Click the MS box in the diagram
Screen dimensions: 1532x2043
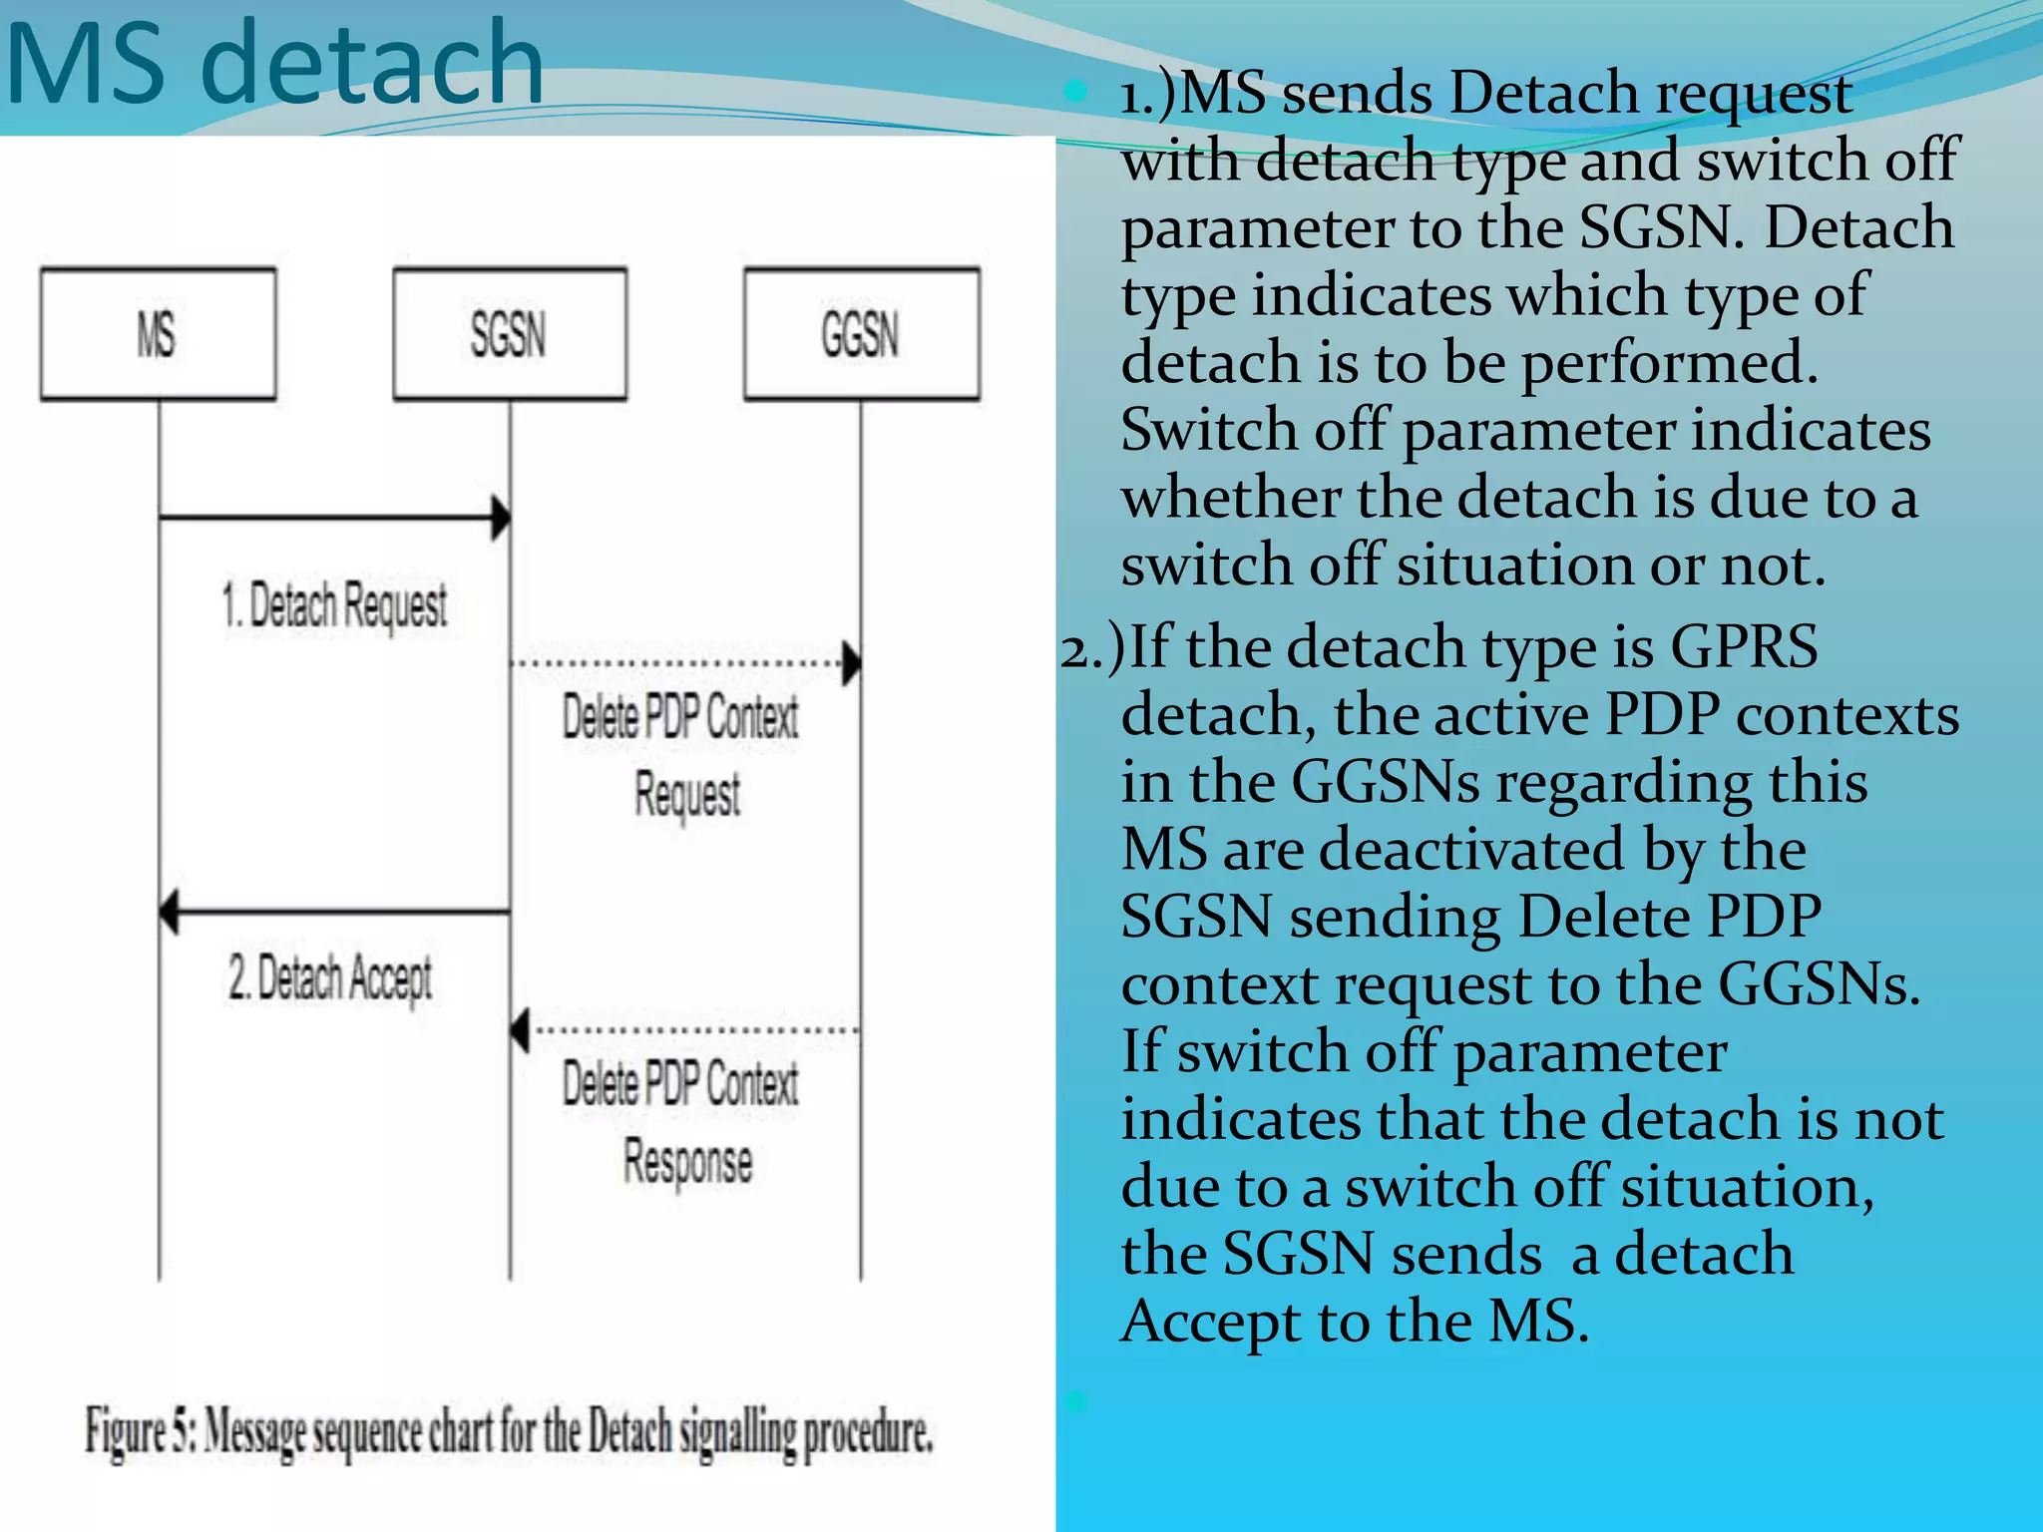(158, 334)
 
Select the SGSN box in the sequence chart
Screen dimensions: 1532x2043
(510, 334)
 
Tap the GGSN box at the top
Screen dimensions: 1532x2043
(861, 334)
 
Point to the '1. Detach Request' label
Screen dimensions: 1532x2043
(334, 605)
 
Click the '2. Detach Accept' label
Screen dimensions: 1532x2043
(330, 977)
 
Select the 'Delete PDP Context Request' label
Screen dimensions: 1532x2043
(681, 755)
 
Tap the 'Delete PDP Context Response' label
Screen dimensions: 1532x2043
(681, 1122)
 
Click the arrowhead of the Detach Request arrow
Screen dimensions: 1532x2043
(501, 519)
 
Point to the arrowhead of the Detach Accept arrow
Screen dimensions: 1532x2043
(170, 912)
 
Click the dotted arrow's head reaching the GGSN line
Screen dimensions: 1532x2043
(851, 663)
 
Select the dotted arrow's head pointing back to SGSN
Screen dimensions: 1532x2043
(520, 1030)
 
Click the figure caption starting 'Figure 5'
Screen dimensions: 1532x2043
(509, 1432)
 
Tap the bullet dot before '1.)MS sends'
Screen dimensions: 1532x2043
(1075, 93)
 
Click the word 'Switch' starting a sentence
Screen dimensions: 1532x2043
(1208, 430)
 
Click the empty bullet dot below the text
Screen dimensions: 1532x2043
(1075, 1401)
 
